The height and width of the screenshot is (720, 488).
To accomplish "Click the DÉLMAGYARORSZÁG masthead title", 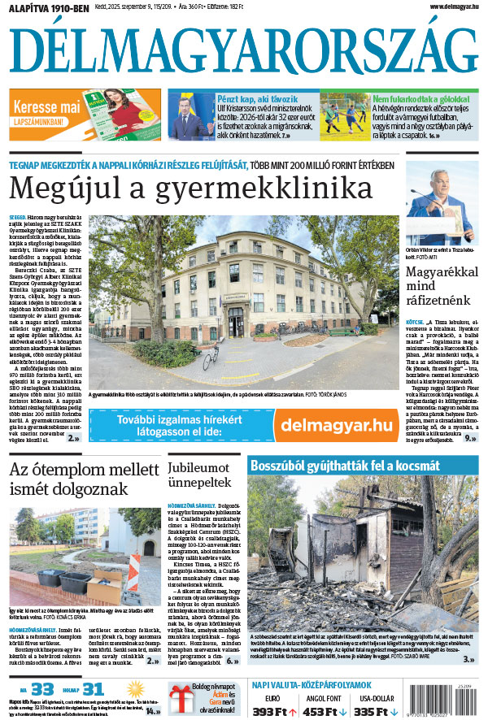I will click(243, 54).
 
